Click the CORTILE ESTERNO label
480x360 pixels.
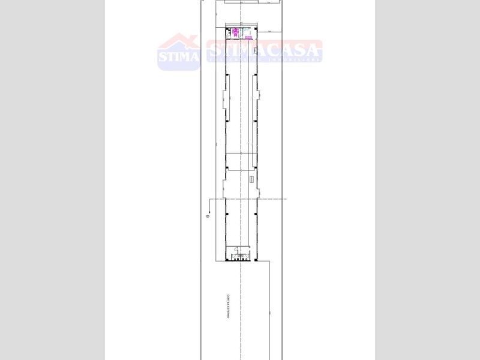click(x=229, y=305)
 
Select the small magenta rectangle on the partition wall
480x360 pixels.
click(x=248, y=38)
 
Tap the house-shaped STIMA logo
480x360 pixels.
click(x=178, y=52)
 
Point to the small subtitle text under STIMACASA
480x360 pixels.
click(x=264, y=59)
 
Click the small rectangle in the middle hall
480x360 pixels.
click(x=251, y=179)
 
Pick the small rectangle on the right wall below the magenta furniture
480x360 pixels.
click(x=255, y=52)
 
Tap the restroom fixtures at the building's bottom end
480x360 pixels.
click(x=240, y=256)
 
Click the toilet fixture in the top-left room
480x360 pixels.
click(x=229, y=31)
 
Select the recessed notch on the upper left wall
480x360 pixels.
click(x=224, y=99)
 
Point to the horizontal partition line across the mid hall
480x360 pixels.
click(x=240, y=154)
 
